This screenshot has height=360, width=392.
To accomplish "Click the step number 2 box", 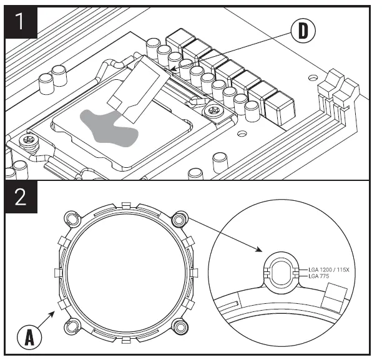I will (21, 198).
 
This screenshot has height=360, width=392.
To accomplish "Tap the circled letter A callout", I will (29, 338).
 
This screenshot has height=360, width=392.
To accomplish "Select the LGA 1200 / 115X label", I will (334, 270).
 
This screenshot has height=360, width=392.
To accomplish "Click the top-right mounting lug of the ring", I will (180, 219).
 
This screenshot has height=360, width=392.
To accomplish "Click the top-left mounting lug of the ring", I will (71, 219).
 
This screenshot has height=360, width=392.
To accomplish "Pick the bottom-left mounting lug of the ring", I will (71, 325).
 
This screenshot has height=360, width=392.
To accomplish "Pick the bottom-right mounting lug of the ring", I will (180, 325).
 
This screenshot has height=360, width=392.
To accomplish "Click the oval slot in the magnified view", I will (281, 272).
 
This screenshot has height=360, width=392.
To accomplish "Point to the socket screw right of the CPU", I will (211, 111).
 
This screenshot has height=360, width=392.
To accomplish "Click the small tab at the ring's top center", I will (125, 205).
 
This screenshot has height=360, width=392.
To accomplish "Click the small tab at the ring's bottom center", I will (125, 340).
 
